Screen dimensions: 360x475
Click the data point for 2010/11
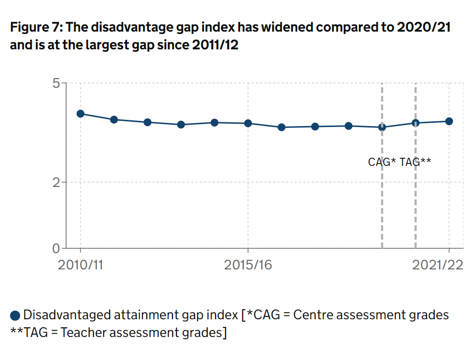[x=81, y=114]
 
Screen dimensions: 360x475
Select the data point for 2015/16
[x=248, y=123]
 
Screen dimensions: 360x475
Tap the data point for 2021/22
[x=449, y=121]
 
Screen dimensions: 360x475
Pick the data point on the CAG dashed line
[x=382, y=127]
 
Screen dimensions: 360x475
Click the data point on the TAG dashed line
[x=416, y=123]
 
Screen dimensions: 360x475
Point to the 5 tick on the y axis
[x=57, y=83]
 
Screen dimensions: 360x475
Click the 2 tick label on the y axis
[x=57, y=182]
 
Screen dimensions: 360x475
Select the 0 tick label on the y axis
[x=57, y=248]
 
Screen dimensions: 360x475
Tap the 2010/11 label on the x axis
[x=81, y=265]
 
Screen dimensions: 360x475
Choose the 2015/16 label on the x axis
[x=248, y=265]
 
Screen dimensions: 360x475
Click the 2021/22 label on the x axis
[x=438, y=265]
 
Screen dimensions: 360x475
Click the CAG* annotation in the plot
[x=382, y=162]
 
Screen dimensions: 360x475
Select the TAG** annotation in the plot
[x=416, y=162]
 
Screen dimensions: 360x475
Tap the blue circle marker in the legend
[x=15, y=315]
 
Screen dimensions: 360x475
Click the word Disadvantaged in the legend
[x=67, y=315]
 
